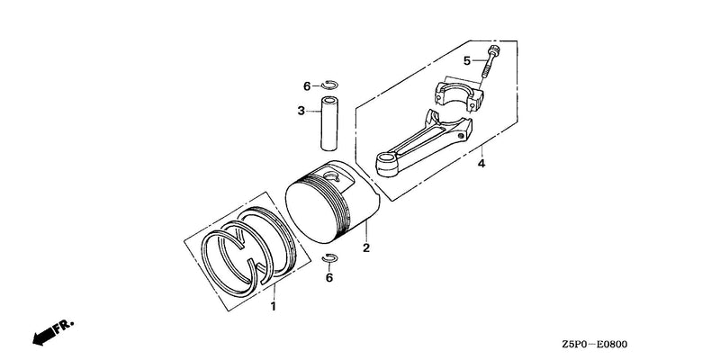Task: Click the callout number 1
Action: coord(274,306)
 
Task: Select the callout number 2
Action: coord(366,248)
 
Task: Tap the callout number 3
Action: coord(301,111)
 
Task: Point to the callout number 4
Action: coord(481,163)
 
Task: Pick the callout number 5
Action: coord(467,60)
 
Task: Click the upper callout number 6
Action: coord(307,85)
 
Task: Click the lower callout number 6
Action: coord(329,278)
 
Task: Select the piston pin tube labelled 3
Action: coord(329,123)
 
